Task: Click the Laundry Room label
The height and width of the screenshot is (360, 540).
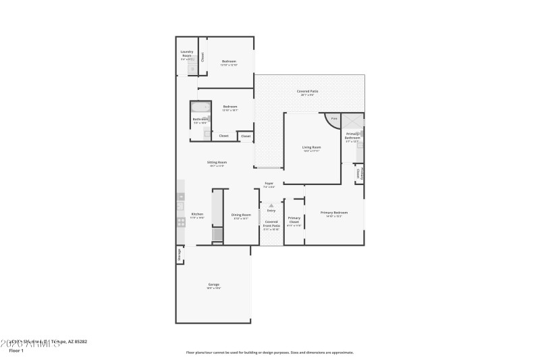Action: click(187, 53)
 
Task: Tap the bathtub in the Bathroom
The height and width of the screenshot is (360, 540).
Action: click(200, 107)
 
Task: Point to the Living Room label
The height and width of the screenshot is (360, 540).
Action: click(311, 147)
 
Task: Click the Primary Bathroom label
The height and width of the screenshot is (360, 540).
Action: click(353, 136)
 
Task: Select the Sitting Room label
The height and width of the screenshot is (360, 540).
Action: click(217, 163)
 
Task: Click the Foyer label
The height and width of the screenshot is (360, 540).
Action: click(269, 184)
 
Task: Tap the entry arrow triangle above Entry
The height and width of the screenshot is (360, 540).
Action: click(271, 205)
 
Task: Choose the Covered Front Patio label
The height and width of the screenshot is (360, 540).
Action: click(271, 224)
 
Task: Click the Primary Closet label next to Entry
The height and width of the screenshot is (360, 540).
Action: click(294, 220)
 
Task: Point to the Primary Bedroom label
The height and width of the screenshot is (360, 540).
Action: click(335, 213)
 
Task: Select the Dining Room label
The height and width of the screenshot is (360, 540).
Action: click(241, 215)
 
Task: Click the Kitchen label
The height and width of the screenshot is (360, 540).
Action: click(197, 215)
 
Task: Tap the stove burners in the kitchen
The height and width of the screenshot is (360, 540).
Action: click(181, 221)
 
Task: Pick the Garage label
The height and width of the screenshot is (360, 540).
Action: click(213, 284)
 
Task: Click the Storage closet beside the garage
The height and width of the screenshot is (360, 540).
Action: click(180, 255)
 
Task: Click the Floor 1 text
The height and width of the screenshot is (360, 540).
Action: click(16, 351)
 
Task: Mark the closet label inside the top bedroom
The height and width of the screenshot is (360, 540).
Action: click(202, 57)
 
